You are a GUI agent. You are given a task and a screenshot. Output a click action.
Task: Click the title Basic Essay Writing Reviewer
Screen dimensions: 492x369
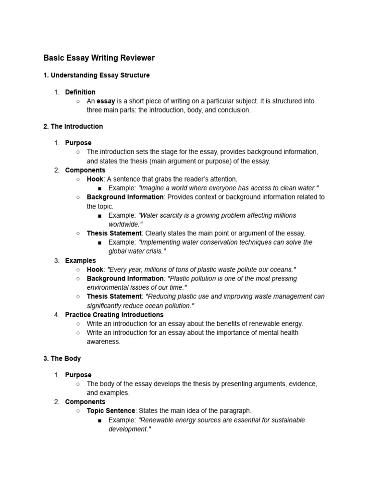click(x=99, y=58)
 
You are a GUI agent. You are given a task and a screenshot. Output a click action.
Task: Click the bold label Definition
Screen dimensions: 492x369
click(x=80, y=92)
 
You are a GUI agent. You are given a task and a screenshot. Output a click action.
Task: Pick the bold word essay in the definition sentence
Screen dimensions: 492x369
click(x=106, y=101)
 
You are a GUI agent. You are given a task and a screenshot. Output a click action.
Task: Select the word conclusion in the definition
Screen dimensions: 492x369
click(x=235, y=110)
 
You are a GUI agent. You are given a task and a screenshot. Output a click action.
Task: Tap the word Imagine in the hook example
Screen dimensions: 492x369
click(x=152, y=188)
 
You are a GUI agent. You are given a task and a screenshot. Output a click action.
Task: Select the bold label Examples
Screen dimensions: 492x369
click(x=80, y=260)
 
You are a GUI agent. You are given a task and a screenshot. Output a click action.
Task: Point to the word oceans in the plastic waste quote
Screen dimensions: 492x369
click(x=281, y=270)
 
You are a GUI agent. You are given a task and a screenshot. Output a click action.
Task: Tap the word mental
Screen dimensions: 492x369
click(x=258, y=332)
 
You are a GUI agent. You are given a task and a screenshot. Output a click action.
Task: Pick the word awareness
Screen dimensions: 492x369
click(x=103, y=342)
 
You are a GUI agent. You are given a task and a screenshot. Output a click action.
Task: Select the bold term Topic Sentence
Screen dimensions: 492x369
click(x=111, y=411)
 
